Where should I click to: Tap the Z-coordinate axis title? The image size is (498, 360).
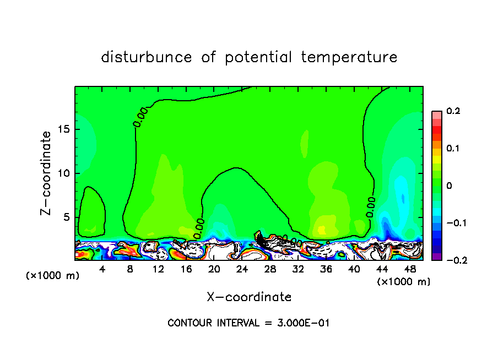pos(47,173)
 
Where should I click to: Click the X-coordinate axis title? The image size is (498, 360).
pos(249,297)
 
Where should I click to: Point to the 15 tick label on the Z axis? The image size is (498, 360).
pos(62,129)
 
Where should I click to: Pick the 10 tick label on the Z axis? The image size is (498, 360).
pos(62,173)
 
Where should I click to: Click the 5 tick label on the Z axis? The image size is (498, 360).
pos(66,217)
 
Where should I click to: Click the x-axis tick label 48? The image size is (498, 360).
pos(409,270)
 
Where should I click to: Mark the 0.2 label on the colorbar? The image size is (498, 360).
pos(453,111)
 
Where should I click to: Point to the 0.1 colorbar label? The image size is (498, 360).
pos(453,149)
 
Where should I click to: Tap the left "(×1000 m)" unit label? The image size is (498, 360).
pos(53,276)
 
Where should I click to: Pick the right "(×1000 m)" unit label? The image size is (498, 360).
pos(404,282)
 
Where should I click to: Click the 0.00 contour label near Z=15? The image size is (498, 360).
pos(140,117)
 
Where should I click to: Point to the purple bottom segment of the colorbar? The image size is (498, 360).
pos(437,257)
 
